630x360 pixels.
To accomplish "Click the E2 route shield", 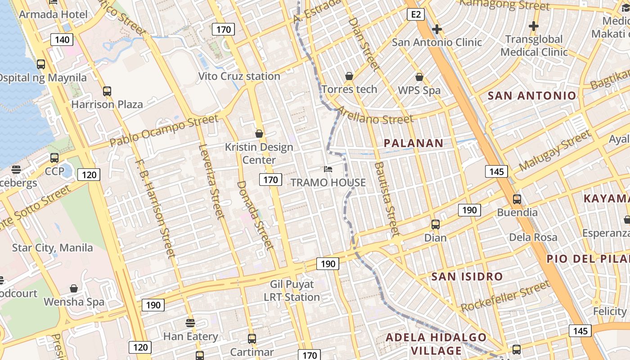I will coord(416,14).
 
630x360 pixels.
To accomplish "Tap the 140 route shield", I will coord(62,40).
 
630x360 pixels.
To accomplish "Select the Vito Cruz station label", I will coord(239,76).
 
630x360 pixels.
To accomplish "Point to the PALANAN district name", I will coord(414,143).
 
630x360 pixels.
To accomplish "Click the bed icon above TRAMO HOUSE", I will coord(328,170).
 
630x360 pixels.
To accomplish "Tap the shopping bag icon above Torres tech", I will coord(349,76).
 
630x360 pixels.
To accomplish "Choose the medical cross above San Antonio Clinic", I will coord(436,30).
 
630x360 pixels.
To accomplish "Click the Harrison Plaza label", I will coord(107,104).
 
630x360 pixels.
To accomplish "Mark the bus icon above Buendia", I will coord(517,199).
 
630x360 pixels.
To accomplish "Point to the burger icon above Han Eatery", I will coord(190,323).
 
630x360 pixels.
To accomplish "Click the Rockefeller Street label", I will coord(505,296).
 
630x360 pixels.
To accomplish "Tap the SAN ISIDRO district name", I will coord(467,276).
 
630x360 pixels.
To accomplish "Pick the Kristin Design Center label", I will coord(259,153).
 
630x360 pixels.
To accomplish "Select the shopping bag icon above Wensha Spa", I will coord(74,288).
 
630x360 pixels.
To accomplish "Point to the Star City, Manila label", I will coord(52,247).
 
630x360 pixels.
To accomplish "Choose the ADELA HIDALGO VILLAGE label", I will coord(436,344).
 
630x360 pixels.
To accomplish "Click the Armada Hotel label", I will coord(54,14).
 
